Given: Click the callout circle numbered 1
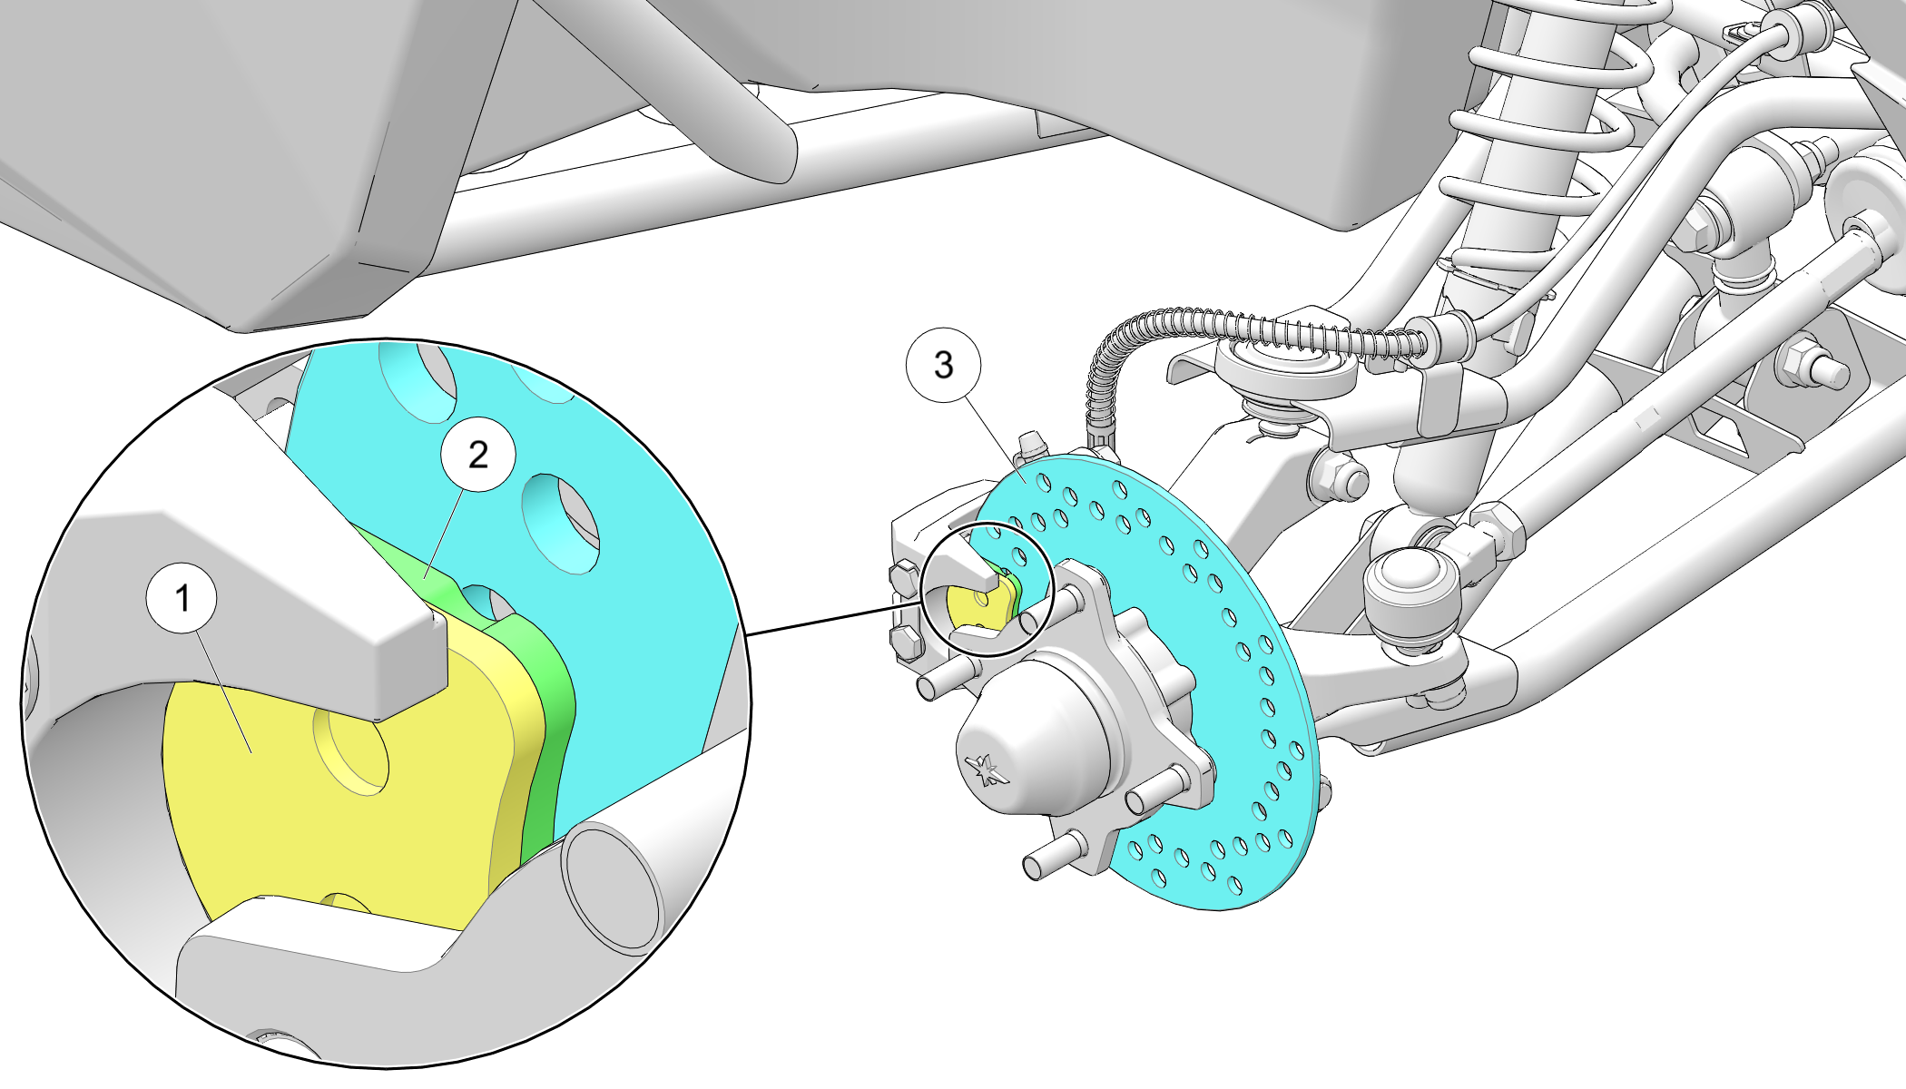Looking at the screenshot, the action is [x=182, y=598].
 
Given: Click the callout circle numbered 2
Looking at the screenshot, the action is [x=478, y=454].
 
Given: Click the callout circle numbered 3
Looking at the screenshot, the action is [x=944, y=365].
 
